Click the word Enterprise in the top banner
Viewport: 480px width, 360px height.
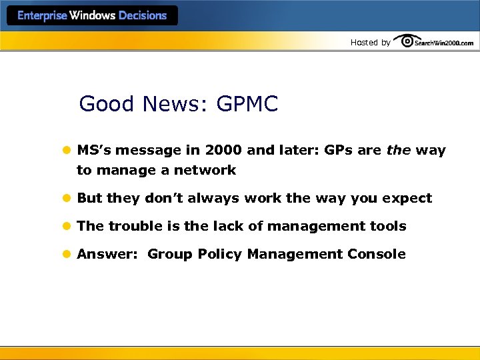(x=43, y=16)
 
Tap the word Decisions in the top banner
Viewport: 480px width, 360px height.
(x=143, y=16)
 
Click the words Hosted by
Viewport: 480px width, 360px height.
(x=370, y=43)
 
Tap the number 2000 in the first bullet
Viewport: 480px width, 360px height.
(x=223, y=151)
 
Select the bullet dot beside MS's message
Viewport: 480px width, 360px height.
(x=66, y=151)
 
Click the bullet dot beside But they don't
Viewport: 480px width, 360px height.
(x=66, y=199)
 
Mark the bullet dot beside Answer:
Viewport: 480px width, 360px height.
(x=66, y=255)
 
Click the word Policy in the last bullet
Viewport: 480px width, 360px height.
(x=220, y=255)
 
